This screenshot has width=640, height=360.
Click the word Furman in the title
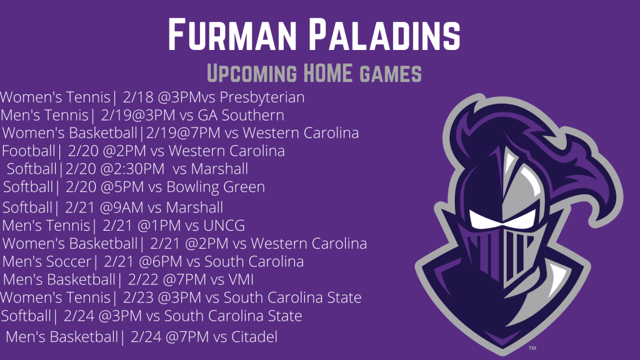pyautogui.click(x=232, y=35)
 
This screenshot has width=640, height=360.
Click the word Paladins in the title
pyautogui.click(x=384, y=35)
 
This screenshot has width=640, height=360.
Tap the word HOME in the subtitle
pyautogui.click(x=327, y=73)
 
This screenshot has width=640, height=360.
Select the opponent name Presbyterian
pyautogui.click(x=262, y=97)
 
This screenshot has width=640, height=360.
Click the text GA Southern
pyautogui.click(x=241, y=115)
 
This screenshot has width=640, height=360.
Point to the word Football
pyautogui.click(x=28, y=151)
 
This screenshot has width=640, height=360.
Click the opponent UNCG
pyautogui.click(x=224, y=226)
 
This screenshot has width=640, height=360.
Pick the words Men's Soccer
pyautogui.click(x=46, y=262)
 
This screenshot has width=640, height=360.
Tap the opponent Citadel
pyautogui.click(x=254, y=337)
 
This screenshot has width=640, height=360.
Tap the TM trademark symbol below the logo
pyautogui.click(x=532, y=348)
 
